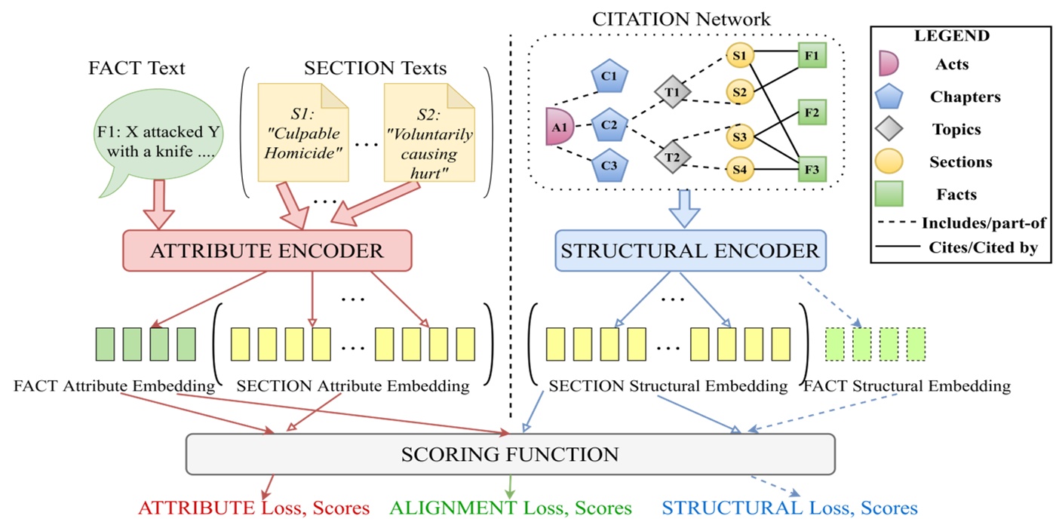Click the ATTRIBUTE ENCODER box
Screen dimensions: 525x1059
pyautogui.click(x=266, y=250)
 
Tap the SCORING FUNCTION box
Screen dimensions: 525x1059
pyautogui.click(x=510, y=455)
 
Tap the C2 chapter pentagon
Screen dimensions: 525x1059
pyautogui.click(x=609, y=124)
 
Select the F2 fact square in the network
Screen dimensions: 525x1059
pyautogui.click(x=812, y=113)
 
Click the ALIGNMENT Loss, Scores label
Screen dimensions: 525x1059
pyautogui.click(x=510, y=508)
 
